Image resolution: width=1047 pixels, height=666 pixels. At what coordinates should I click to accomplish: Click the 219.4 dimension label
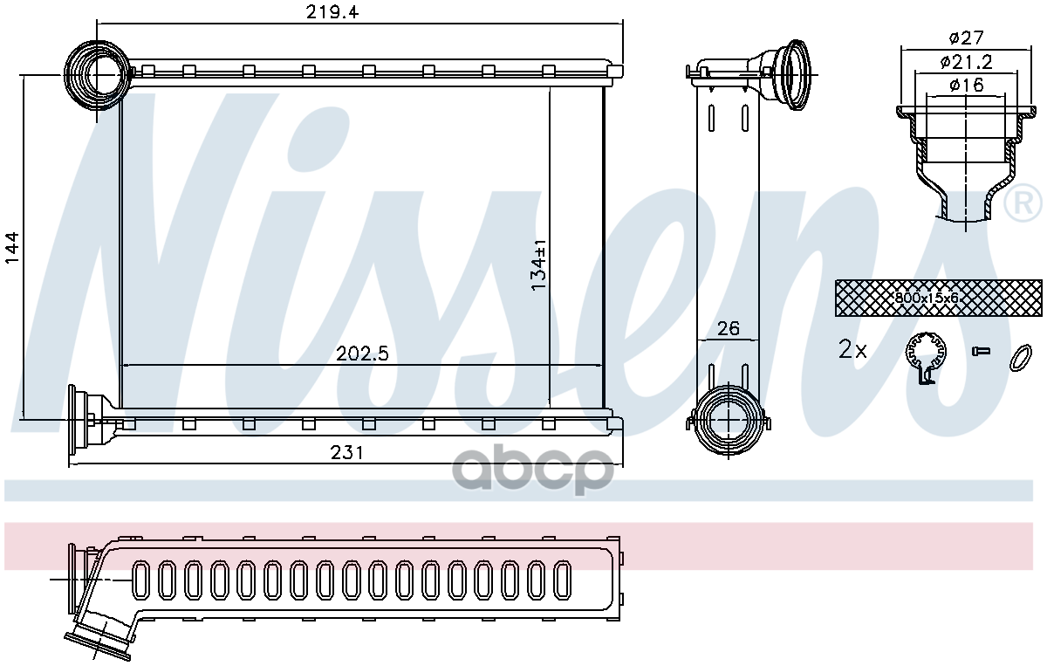pos(332,11)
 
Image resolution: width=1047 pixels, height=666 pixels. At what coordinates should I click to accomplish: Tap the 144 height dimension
pos(11,247)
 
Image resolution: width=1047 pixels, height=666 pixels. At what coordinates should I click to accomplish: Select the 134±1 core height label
pos(538,264)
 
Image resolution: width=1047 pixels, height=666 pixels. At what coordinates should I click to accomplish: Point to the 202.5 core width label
pos(362,354)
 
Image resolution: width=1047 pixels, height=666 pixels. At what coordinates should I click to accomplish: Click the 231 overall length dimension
pos(346,453)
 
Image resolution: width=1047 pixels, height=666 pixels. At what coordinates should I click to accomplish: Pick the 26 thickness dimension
pos(729,328)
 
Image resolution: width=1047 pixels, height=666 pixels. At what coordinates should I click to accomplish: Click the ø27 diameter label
pos(966,38)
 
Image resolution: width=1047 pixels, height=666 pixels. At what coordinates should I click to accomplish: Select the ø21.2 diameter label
pos(966,62)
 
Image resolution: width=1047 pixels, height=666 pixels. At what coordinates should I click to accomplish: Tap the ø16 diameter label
pos(966,85)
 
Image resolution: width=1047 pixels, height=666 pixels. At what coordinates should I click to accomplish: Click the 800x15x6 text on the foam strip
pos(927,298)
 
